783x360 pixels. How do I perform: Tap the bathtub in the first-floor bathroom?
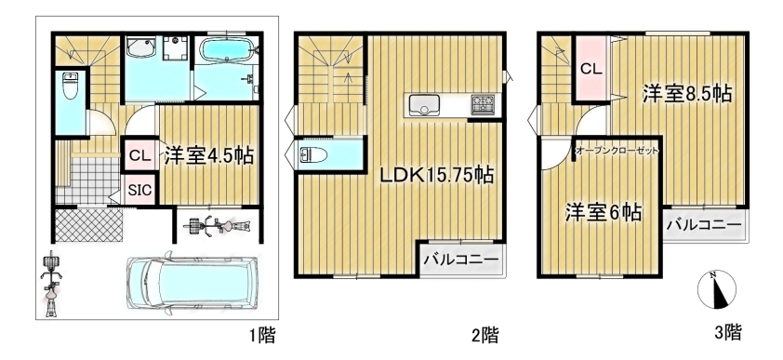[227, 49]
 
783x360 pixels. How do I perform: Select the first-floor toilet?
[70, 86]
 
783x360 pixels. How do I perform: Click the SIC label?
[139, 191]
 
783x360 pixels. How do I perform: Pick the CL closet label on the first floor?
[139, 155]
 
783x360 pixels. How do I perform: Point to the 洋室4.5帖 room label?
[208, 155]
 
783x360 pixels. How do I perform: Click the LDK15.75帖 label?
[436, 175]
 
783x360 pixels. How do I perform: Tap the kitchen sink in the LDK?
[424, 105]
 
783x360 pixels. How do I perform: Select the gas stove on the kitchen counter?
[483, 105]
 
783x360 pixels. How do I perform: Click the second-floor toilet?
[313, 155]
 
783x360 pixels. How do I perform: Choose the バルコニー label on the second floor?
[461, 260]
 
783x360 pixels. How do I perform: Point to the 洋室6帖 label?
[604, 213]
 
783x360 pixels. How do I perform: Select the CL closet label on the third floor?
[591, 69]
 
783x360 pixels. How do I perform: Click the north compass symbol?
[717, 289]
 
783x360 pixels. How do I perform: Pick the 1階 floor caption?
[262, 335]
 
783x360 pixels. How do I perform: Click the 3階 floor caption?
[728, 331]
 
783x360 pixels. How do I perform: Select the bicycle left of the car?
[49, 284]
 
